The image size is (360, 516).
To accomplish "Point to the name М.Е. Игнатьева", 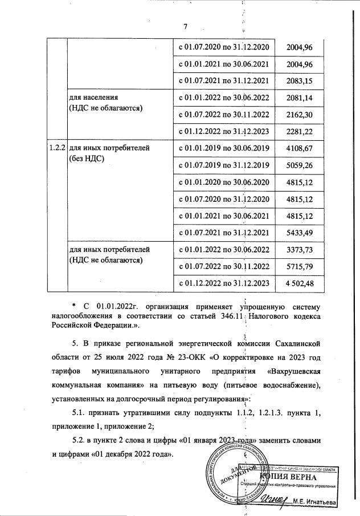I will (314, 502).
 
